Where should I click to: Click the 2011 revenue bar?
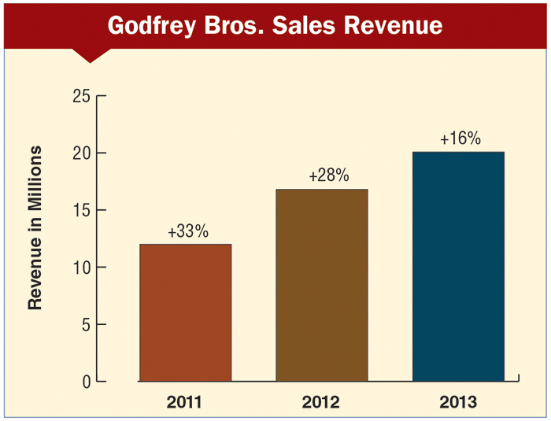point(185,312)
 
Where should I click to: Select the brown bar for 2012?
point(322,285)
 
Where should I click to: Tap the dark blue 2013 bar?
point(458,266)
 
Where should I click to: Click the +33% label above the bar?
point(187,232)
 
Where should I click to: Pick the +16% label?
point(460,139)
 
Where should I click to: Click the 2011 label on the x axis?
point(185,403)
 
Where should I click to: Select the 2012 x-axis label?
point(321,403)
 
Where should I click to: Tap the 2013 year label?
point(457,403)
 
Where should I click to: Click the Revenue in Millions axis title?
point(35,228)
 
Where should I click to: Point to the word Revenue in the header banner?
point(393,25)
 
